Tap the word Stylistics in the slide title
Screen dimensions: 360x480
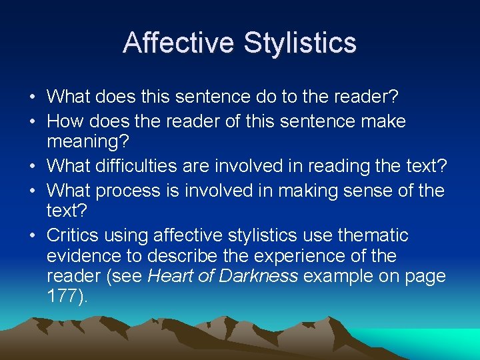point(300,43)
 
